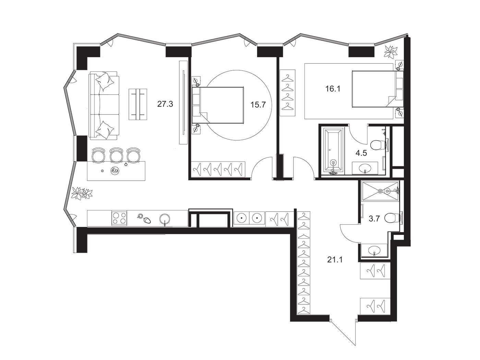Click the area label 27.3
click(x=165, y=104)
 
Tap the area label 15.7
click(x=258, y=105)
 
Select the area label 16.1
click(x=333, y=89)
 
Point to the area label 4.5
click(x=361, y=153)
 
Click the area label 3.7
click(x=374, y=218)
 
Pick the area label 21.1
click(x=335, y=260)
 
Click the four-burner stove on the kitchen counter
click(x=119, y=218)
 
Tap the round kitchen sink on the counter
click(x=165, y=219)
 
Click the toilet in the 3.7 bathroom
click(x=393, y=218)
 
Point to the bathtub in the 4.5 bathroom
click(x=333, y=152)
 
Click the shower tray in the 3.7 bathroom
click(x=380, y=191)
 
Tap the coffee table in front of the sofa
click(x=138, y=104)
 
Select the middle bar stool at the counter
click(x=116, y=155)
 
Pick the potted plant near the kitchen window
click(x=82, y=193)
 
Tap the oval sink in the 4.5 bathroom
click(x=365, y=168)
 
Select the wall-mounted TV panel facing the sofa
click(x=183, y=102)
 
